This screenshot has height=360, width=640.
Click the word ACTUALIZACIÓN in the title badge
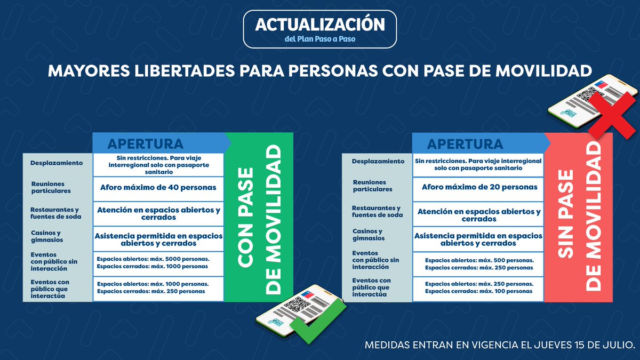pos(319,25)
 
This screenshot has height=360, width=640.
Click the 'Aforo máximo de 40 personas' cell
pos(158,187)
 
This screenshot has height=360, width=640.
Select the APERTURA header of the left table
pos(146,143)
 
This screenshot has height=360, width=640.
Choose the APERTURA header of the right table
pos(465,144)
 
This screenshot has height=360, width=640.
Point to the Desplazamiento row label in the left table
pos(57,163)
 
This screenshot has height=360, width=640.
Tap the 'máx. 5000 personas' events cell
pos(158,262)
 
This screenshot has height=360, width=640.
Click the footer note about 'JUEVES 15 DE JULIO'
pos(499,345)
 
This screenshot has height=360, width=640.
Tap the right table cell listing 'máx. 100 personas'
pos(479,287)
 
